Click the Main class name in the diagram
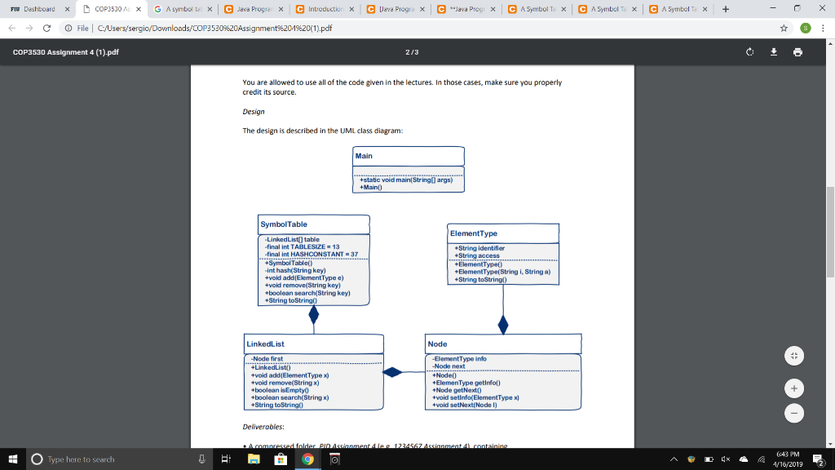364,156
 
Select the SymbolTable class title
283,224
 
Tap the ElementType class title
474,233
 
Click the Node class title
438,344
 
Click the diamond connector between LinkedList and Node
393,372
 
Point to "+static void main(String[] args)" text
407,180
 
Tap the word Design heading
254,112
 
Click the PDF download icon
774,52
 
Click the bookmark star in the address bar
784,27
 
